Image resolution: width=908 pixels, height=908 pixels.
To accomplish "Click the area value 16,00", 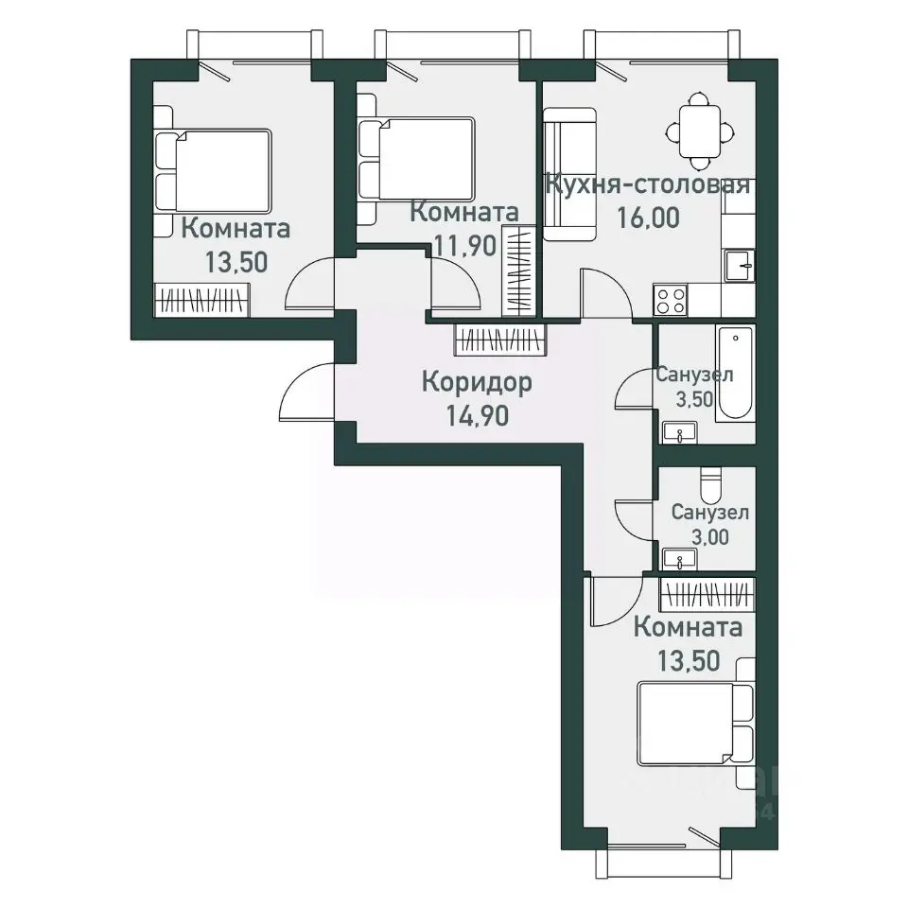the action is [647, 218].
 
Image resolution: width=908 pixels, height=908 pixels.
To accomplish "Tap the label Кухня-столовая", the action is [648, 185].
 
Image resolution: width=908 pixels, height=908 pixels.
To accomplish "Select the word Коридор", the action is [477, 383].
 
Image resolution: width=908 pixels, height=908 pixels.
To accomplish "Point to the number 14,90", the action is [477, 415].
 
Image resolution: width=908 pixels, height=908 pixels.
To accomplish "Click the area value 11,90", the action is [465, 246].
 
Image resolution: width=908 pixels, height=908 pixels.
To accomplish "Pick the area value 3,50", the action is [694, 399].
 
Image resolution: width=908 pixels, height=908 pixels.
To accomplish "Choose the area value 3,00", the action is [710, 537].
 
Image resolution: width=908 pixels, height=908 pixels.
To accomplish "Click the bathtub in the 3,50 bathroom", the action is [735, 372].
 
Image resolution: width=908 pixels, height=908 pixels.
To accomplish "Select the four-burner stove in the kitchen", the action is [671, 300].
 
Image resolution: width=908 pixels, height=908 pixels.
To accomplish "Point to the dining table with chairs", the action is [700, 131].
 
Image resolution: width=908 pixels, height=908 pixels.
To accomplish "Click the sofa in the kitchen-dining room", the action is [569, 174].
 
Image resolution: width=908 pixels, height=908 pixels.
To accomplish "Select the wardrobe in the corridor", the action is [500, 339].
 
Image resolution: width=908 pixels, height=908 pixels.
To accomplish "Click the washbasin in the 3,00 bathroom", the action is [680, 559].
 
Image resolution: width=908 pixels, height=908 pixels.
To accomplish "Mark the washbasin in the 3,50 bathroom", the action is [680, 432].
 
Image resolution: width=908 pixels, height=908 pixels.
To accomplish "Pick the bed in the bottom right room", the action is [696, 724].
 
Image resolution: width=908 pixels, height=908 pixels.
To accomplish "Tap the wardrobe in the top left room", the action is [201, 300].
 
